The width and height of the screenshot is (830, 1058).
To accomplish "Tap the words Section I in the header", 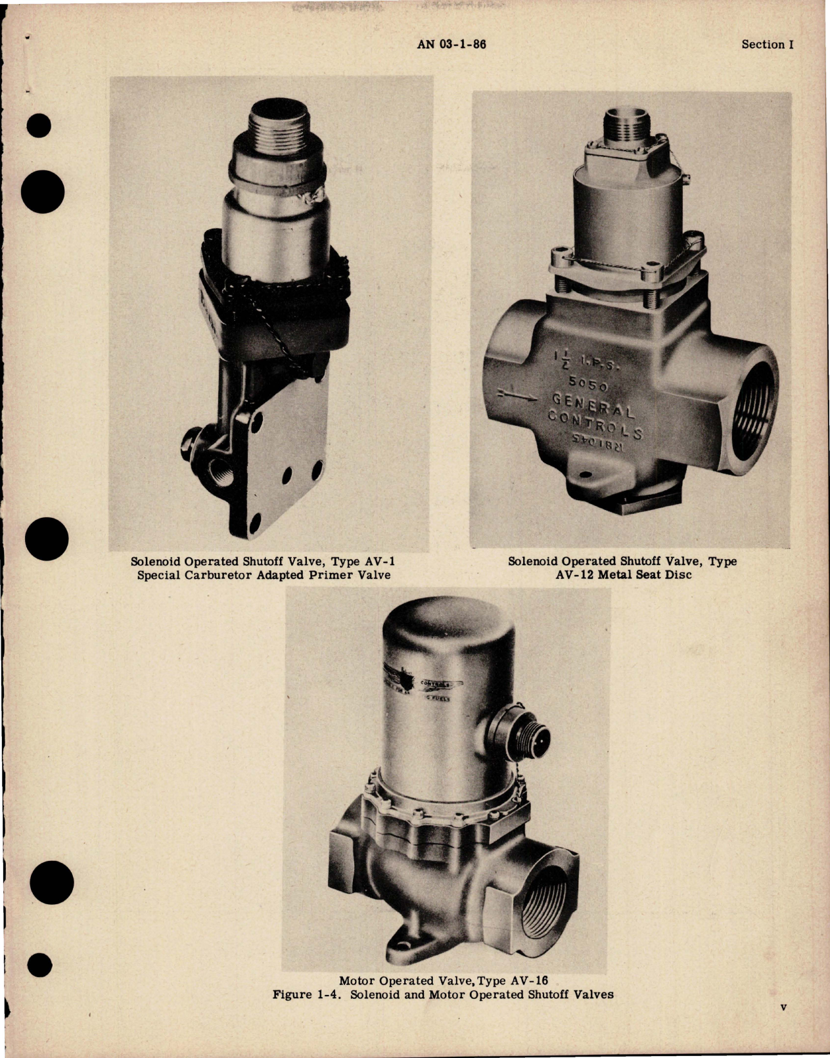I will coord(768,45).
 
